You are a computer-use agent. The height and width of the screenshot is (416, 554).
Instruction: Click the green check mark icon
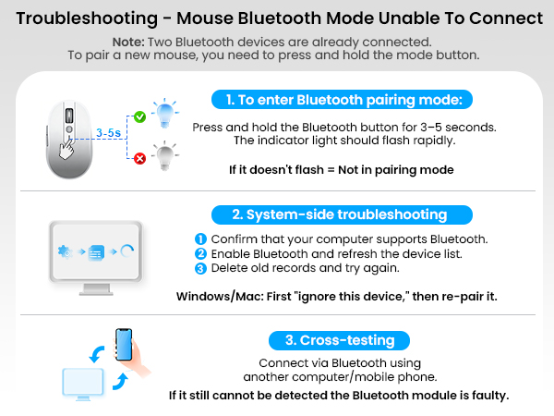click(x=139, y=117)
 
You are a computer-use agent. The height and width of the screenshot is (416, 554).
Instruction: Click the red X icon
click(x=139, y=158)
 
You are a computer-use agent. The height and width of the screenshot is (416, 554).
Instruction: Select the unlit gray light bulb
click(x=167, y=154)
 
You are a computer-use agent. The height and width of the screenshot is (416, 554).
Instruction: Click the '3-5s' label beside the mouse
click(x=108, y=133)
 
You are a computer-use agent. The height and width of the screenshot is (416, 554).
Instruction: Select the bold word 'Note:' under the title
click(x=130, y=43)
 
